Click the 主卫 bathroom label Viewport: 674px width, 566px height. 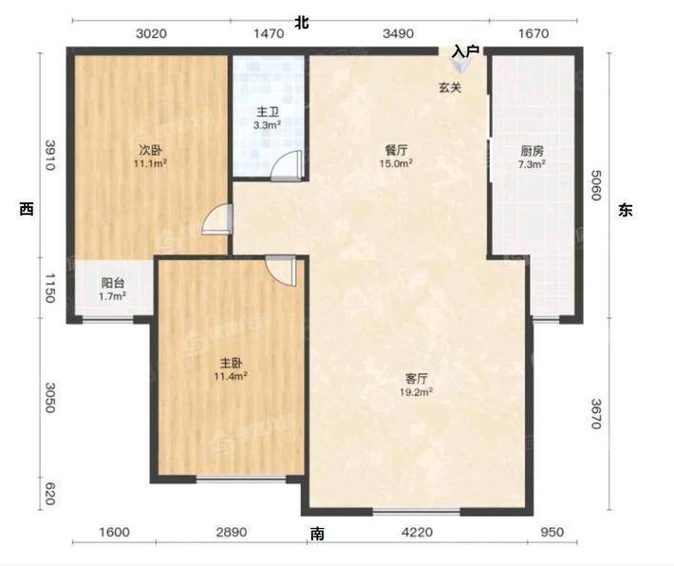pos(268,112)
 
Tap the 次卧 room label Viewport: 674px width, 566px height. pos(150,151)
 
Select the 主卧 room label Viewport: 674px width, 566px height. pos(231,364)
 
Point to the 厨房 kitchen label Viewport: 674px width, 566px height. pos(533,151)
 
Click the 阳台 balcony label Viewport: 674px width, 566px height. pos(113,283)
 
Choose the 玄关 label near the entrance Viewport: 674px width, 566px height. pos(450,87)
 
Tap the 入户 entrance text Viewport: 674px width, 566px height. pos(465,52)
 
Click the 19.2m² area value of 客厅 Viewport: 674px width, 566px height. pos(416,392)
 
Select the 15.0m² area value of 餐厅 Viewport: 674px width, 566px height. pos(396,163)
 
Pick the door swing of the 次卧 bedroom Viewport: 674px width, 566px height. pos(217,219)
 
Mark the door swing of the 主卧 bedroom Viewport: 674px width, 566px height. pos(281,271)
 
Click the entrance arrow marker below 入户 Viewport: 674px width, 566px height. pos(460,66)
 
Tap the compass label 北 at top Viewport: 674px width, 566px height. pos(301,23)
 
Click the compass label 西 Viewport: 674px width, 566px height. pos(27,210)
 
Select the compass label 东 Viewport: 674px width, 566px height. pos(626,210)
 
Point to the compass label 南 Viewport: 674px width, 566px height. pos(317,534)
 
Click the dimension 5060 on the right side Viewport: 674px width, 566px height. pos(596,185)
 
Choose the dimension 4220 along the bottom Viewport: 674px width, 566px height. pos(417,533)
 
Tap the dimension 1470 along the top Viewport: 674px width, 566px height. pos(269,33)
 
